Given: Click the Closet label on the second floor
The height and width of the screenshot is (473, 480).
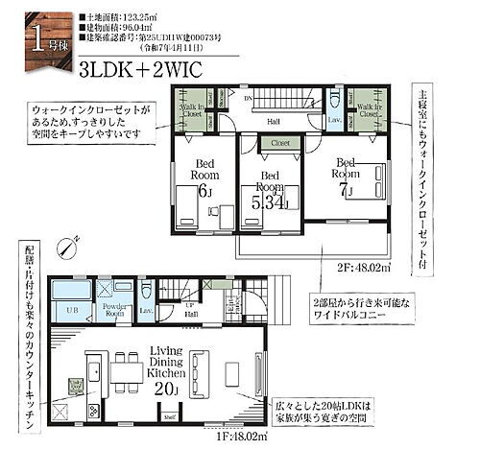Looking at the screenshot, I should coord(279,143).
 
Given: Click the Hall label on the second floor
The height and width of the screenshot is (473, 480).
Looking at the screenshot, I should coord(273,120).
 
